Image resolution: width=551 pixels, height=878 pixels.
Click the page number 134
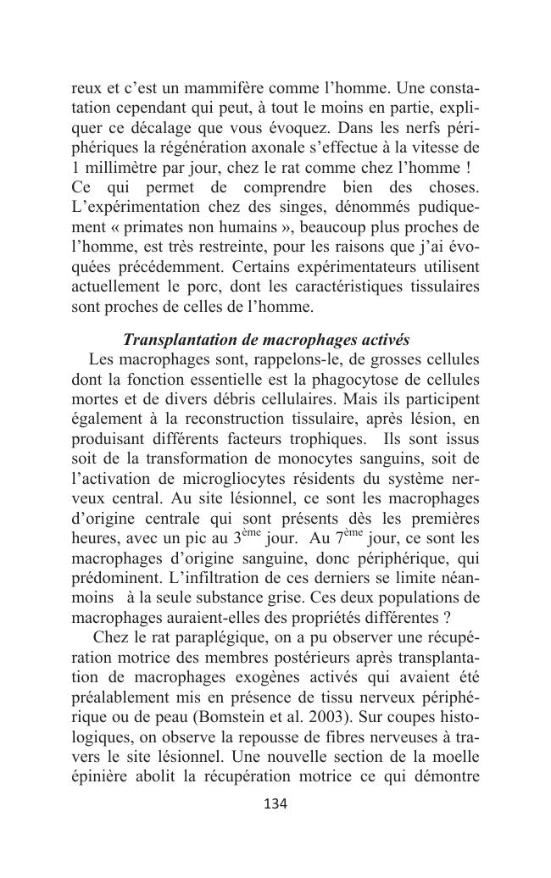coord(275,803)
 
